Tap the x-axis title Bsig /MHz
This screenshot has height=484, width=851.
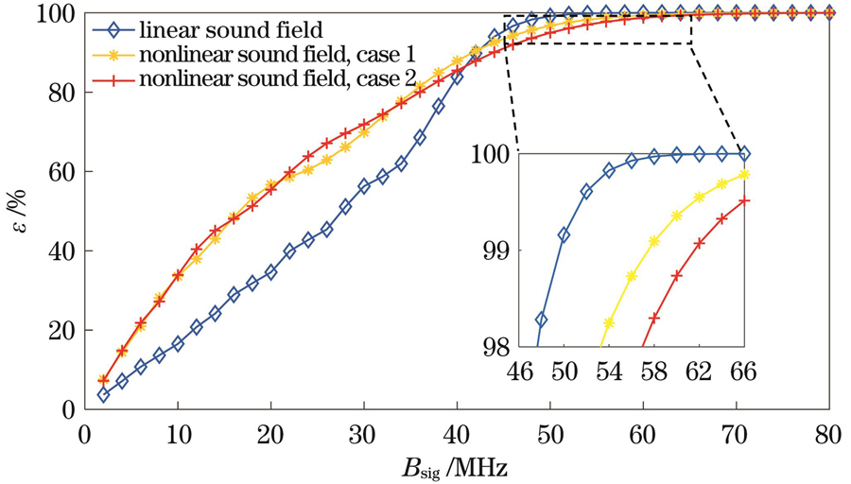pyautogui.click(x=456, y=465)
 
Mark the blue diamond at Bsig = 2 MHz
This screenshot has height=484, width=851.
pyautogui.click(x=103, y=394)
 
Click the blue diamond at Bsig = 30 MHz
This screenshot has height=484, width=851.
pyautogui.click(x=364, y=186)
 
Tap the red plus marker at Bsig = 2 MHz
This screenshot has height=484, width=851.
pyautogui.click(x=104, y=379)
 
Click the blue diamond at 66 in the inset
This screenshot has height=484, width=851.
pyautogui.click(x=744, y=153)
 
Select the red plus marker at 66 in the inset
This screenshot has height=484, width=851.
pyautogui.click(x=744, y=200)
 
